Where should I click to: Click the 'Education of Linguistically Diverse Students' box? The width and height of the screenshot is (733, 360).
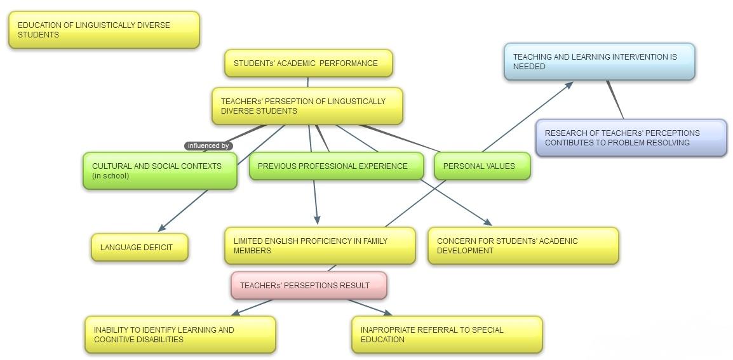[104, 30]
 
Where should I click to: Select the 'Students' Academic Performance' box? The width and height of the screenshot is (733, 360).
[308, 63]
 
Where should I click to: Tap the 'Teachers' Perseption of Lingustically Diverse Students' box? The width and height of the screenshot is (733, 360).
[307, 106]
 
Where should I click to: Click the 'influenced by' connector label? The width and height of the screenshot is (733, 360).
[208, 146]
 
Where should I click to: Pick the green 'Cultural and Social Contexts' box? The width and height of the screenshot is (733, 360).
[159, 171]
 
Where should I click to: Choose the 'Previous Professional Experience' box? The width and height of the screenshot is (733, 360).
[336, 166]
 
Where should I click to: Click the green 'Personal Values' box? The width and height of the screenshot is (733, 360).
[481, 166]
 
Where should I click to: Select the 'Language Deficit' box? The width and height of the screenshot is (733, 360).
[139, 248]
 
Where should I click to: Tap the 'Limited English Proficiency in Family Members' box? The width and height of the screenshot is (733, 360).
[319, 246]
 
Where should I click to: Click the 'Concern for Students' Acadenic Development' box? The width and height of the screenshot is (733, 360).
[523, 246]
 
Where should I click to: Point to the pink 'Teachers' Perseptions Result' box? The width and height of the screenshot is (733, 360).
[309, 286]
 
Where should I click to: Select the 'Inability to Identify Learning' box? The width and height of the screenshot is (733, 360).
[180, 335]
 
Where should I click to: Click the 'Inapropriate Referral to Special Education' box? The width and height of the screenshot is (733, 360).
[447, 335]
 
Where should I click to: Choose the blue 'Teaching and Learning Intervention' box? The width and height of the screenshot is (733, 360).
[599, 62]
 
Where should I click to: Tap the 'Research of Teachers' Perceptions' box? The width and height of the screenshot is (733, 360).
[631, 138]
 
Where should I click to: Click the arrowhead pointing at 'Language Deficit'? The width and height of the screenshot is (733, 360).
[161, 228]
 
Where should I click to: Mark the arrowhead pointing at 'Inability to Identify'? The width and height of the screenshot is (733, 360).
[235, 313]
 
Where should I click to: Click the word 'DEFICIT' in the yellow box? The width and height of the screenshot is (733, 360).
[157, 248]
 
